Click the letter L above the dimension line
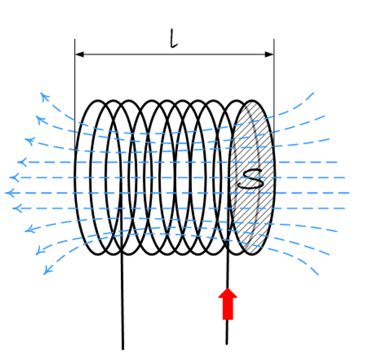point(174,38)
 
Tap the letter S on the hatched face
point(251,179)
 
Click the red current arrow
point(228,304)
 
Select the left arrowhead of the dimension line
point(79,55)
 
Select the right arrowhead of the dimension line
point(269,55)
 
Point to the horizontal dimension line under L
point(174,55)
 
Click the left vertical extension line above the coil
point(75,95)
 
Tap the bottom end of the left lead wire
point(123,349)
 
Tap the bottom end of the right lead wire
point(226,344)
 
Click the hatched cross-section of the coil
point(253,177)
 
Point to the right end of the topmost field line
point(314,93)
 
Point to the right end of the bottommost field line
point(318,274)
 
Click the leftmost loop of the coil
point(75,177)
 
